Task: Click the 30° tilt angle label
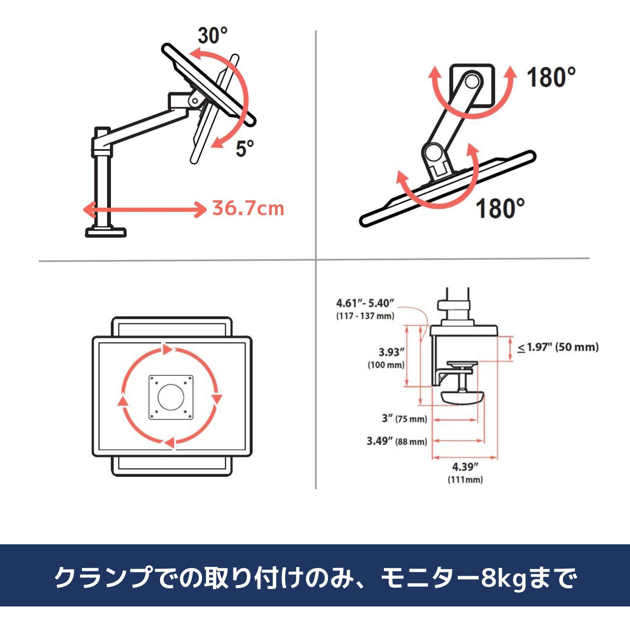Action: (x=213, y=36)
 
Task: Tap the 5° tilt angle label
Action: (x=244, y=148)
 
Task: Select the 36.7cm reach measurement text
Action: (x=248, y=208)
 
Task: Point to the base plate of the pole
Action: (x=106, y=232)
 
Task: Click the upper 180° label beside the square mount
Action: (x=551, y=78)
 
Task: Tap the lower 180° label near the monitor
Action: (x=500, y=208)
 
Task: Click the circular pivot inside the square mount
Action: (x=472, y=81)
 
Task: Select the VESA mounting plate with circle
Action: (x=171, y=397)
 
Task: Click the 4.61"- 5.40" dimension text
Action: (x=365, y=303)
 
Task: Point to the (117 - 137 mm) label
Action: (x=365, y=316)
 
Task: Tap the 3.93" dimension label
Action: (x=391, y=352)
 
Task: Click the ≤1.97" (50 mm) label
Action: (x=558, y=347)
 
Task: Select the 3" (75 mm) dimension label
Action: (x=404, y=419)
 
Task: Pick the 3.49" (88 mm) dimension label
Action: (x=396, y=441)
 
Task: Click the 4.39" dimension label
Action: (x=465, y=467)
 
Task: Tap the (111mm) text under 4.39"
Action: (x=465, y=479)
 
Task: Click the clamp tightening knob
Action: (x=462, y=397)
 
